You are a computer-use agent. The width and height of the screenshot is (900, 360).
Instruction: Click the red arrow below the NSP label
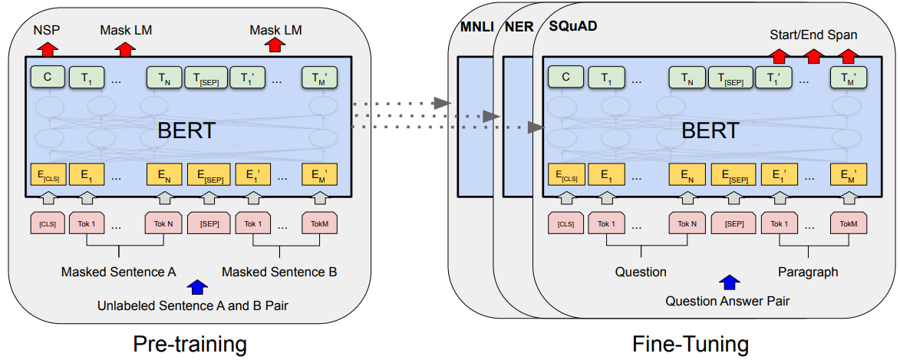[48, 48]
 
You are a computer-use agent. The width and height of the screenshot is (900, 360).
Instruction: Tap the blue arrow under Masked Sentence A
[198, 288]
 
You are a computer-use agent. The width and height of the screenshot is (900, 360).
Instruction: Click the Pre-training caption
[190, 342]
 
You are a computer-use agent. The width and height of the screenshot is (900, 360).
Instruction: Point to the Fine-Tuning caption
[690, 342]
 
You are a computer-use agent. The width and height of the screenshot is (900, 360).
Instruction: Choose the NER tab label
[519, 27]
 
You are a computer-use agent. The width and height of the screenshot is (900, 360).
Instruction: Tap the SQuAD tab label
[574, 27]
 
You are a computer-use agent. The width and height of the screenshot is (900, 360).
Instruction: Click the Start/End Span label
[813, 35]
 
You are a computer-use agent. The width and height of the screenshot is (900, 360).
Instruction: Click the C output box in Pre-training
[48, 77]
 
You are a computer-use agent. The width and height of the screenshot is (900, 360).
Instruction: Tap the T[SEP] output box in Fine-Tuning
[730, 78]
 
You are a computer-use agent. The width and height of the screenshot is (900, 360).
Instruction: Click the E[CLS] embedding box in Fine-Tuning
[566, 175]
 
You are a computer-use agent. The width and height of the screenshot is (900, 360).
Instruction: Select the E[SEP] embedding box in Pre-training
[207, 175]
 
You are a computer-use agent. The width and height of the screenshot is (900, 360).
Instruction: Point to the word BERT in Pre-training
[186, 130]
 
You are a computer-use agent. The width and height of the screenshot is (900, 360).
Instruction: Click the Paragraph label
[807, 272]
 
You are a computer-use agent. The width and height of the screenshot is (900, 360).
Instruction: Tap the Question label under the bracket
[641, 272]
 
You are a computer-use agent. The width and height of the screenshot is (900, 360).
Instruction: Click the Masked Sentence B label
[279, 272]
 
